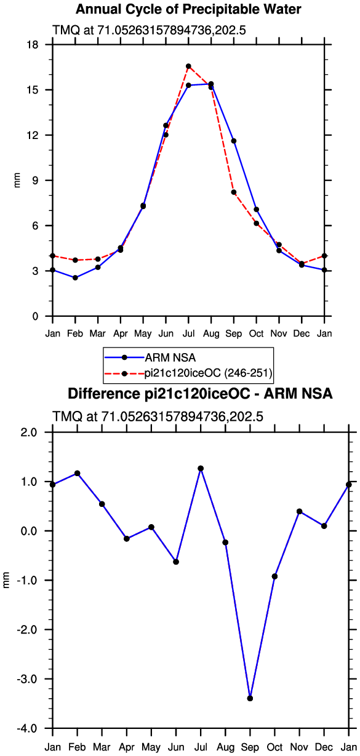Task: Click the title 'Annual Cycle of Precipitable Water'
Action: [188, 9]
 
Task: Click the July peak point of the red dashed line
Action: [188, 66]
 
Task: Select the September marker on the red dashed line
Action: [234, 193]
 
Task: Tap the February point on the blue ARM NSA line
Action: [75, 278]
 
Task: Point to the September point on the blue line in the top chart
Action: [234, 141]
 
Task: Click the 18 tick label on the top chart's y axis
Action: [33, 44]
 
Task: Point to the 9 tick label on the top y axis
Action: [36, 180]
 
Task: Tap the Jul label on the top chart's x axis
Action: [188, 334]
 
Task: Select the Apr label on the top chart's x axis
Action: [121, 334]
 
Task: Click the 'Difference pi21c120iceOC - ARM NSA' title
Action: [200, 394]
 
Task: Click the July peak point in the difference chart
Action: [201, 469]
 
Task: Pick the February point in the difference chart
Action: [78, 474]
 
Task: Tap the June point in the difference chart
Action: [176, 562]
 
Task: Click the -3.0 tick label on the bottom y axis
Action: [26, 678]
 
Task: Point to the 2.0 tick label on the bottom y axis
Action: [29, 432]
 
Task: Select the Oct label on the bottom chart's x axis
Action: [274, 747]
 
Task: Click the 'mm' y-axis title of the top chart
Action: [17, 180]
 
